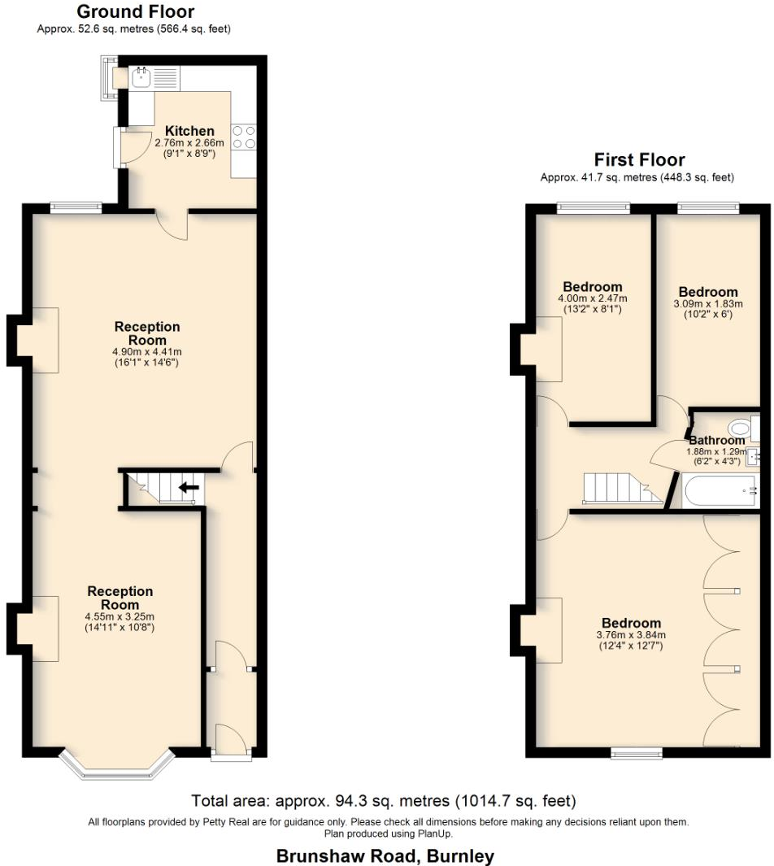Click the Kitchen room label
click(x=189, y=131)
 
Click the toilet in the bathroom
click(x=741, y=428)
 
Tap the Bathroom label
click(x=716, y=441)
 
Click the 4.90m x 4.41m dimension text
click(x=147, y=352)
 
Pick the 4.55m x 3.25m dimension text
click(x=120, y=616)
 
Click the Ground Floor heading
click(x=135, y=11)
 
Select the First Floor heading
click(x=639, y=159)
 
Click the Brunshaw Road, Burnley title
click(x=385, y=855)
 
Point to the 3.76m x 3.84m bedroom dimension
click(x=631, y=635)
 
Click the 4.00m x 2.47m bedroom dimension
click(x=593, y=298)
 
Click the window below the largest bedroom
click(x=637, y=754)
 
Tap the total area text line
click(x=384, y=799)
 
